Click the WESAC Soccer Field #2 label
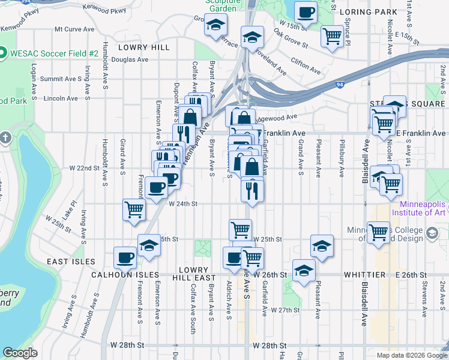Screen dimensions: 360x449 pyautogui.click(x=53, y=53)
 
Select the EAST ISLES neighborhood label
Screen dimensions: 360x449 pyautogui.click(x=71, y=262)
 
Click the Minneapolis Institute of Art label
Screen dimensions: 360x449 pyautogui.click(x=420, y=208)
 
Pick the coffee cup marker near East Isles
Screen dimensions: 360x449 pyautogui.click(x=125, y=257)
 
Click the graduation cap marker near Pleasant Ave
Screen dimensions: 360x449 pyautogui.click(x=322, y=245)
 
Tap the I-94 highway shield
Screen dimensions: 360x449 pyautogui.click(x=340, y=85)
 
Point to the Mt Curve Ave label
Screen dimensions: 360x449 pyautogui.click(x=74, y=29)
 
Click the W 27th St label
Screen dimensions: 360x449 pyautogui.click(x=285, y=310)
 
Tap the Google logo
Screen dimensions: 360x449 pyautogui.click(x=20, y=353)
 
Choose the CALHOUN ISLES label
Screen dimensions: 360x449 pyautogui.click(x=125, y=274)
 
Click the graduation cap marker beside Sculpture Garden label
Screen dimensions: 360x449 pyautogui.click(x=215, y=26)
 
